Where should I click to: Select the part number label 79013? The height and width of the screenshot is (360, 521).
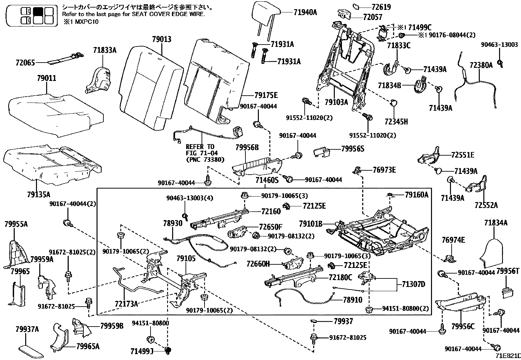tap(161, 40)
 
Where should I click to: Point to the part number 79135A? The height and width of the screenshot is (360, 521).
tap(39, 195)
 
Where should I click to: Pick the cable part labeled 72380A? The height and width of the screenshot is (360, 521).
tap(475, 85)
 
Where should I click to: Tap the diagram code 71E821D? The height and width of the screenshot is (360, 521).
tap(507, 356)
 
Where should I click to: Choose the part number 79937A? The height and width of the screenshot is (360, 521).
tap(27, 329)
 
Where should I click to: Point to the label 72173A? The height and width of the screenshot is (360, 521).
tap(126, 304)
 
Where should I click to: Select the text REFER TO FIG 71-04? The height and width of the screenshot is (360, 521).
tap(200, 150)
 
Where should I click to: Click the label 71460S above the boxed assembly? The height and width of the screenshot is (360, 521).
tap(267, 180)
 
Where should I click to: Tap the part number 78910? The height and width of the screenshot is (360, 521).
tap(352, 300)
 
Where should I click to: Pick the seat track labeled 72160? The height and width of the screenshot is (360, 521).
tap(219, 218)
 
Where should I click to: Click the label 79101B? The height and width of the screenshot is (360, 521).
tap(311, 224)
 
